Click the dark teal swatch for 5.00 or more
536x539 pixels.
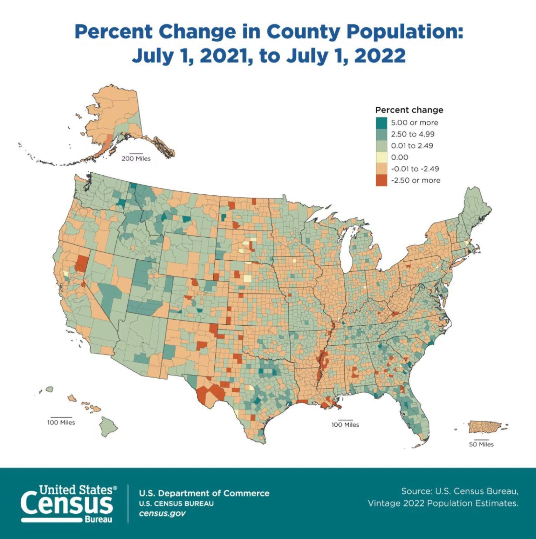tap(382, 123)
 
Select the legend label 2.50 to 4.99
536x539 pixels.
tap(412, 134)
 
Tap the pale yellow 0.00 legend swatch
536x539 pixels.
tap(382, 157)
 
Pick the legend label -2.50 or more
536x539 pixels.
tap(415, 180)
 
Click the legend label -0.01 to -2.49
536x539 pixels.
tap(415, 169)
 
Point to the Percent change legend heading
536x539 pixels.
tap(409, 110)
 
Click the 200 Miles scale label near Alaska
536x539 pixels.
tap(136, 159)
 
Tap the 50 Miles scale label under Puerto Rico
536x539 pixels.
tap(481, 445)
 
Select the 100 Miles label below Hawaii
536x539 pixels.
tap(61, 422)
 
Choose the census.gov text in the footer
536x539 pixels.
tap(162, 513)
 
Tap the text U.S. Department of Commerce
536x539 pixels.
tap(204, 493)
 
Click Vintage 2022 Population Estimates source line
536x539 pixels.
tap(443, 503)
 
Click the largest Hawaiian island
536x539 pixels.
tap(108, 426)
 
